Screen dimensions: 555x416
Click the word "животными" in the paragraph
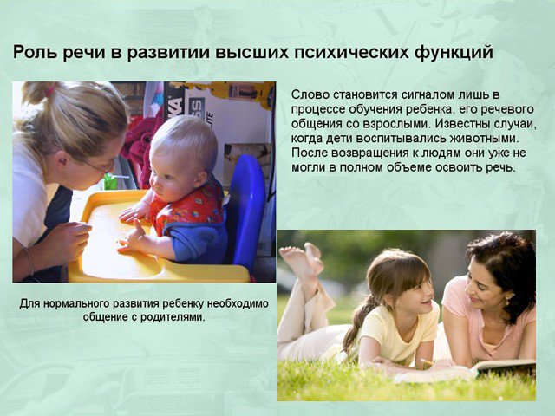(484, 138)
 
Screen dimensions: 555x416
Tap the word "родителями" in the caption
(173, 316)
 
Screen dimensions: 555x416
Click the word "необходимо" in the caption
(238, 303)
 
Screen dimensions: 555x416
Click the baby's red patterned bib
(187, 207)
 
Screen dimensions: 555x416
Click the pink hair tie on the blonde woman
(50, 90)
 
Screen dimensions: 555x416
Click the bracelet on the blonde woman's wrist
(29, 261)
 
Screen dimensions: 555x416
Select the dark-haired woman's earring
(506, 302)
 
